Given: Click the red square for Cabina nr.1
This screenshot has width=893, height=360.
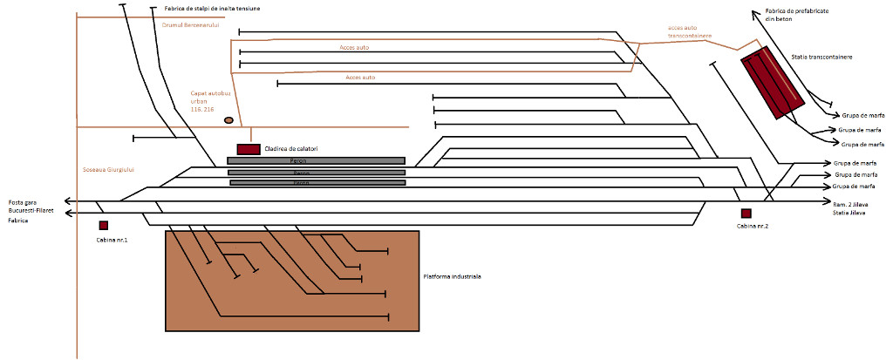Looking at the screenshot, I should (104, 226).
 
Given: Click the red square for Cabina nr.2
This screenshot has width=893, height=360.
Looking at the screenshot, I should (746, 214).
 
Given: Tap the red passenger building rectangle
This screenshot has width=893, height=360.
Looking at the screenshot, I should (249, 149).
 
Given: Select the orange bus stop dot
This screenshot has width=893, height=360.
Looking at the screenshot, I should (228, 119).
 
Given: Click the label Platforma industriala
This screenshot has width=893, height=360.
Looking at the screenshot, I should (452, 275).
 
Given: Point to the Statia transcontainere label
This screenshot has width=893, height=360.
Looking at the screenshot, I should (821, 57).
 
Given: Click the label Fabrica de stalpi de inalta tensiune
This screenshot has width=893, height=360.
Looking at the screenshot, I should (212, 9).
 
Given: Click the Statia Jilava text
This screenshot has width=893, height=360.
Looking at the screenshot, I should (851, 212).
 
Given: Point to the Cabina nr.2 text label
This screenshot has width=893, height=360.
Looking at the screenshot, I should (752, 226).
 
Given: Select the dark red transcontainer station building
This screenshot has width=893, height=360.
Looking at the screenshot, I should (772, 84).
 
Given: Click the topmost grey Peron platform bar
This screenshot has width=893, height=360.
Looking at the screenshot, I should (316, 160).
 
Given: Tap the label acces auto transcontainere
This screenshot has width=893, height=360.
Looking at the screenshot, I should (689, 32).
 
